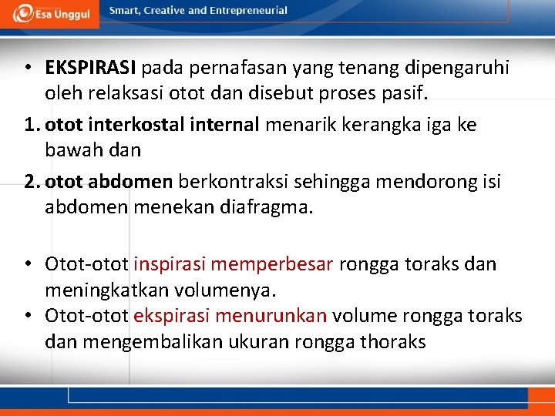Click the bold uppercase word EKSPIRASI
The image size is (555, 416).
pyautogui.click(x=90, y=68)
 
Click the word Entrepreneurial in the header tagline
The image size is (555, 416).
pyautogui.click(x=250, y=11)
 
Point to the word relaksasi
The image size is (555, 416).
pyautogui.click(x=135, y=93)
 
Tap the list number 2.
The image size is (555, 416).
pyautogui.click(x=31, y=182)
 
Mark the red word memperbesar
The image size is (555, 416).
pyautogui.click(x=272, y=264)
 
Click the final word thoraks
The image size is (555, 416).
pyautogui.click(x=393, y=341)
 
